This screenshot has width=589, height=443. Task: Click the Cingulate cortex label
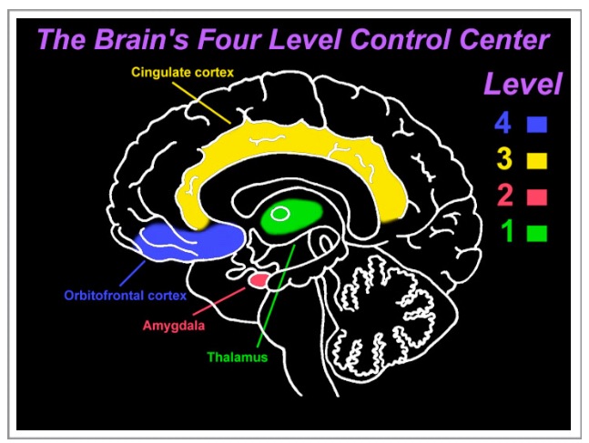(x=183, y=72)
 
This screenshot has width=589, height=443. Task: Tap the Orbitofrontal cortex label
(x=126, y=296)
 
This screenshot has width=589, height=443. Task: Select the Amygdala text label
(x=174, y=325)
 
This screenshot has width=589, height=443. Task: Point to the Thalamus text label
(x=238, y=357)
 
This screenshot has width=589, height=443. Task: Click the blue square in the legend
(x=537, y=125)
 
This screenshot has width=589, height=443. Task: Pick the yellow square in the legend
(x=537, y=160)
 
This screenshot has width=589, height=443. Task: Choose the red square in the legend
(x=537, y=197)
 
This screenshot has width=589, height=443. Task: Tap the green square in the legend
(x=537, y=233)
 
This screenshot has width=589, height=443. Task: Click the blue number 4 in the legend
(x=503, y=123)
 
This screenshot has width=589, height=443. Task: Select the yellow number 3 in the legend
(x=504, y=159)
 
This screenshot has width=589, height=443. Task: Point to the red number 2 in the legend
(x=505, y=196)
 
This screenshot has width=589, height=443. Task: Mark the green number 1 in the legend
(x=507, y=231)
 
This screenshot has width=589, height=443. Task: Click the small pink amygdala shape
(x=259, y=280)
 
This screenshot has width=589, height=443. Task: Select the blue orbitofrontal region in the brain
(x=190, y=241)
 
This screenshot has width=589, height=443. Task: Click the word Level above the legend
(x=523, y=84)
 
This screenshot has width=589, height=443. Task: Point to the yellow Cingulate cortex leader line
(x=202, y=103)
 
